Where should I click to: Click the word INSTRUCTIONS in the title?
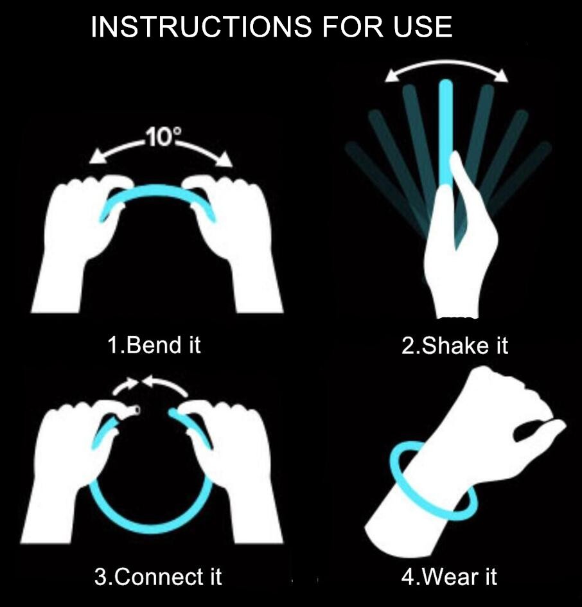pyautogui.click(x=201, y=27)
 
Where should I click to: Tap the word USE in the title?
pyautogui.click(x=423, y=27)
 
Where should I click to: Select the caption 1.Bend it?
pyautogui.click(x=154, y=345)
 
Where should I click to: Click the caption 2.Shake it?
pyautogui.click(x=455, y=345)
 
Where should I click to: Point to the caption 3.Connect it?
pyautogui.click(x=158, y=576)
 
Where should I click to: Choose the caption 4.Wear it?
pyautogui.click(x=449, y=576)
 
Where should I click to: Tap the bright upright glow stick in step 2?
pyautogui.click(x=446, y=132)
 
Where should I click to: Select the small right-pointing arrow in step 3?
pyautogui.click(x=125, y=385)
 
